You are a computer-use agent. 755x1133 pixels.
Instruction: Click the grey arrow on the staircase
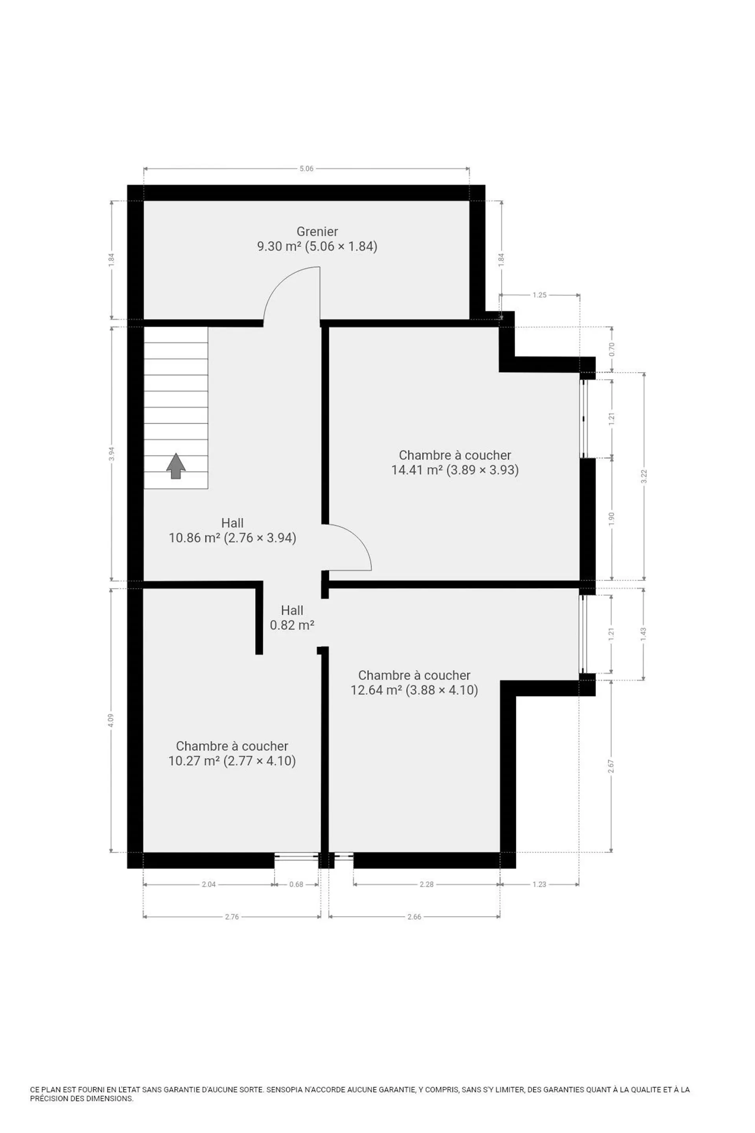coord(176,466)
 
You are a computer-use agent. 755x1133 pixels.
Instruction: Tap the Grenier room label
coord(317,231)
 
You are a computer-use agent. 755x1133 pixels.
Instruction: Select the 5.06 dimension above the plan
coord(307,169)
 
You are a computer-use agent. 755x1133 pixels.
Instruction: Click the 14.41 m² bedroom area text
coord(455,470)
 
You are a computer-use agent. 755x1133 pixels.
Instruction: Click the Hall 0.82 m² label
coord(292,618)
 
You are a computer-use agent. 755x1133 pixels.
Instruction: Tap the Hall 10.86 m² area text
coord(232,538)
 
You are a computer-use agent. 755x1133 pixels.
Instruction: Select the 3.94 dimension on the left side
coord(112,454)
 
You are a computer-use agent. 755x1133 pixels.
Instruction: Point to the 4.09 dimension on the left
coord(111,721)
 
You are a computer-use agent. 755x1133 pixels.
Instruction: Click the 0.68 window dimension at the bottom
coord(296,884)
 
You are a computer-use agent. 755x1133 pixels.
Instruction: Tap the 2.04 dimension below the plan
coord(208,884)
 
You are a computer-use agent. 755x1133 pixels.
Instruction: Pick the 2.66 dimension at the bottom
coord(414,916)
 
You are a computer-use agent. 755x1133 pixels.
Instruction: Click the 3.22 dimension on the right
coord(644,476)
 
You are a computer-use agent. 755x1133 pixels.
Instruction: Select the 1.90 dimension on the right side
coord(611,519)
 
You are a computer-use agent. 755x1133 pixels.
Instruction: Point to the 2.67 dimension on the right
coord(611,766)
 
